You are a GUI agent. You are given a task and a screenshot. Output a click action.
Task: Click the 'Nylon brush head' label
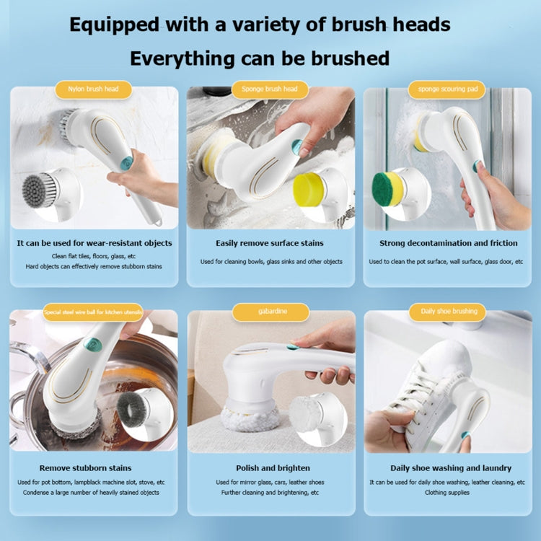[93, 90]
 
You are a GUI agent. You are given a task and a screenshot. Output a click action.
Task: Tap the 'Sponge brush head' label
[270, 90]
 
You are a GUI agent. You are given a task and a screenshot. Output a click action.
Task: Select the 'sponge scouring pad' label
[447, 90]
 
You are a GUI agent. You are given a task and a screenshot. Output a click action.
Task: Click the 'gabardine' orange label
[270, 312]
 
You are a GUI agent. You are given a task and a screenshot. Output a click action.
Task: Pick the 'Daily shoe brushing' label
[449, 312]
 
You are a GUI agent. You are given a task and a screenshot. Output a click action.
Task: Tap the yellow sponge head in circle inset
[311, 190]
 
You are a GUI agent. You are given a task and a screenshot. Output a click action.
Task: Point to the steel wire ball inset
[132, 408]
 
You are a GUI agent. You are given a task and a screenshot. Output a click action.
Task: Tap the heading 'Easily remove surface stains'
[270, 244]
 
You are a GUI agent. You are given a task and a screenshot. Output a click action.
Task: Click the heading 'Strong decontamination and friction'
[446, 244]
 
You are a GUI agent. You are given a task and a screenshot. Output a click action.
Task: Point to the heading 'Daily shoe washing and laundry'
[450, 468]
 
